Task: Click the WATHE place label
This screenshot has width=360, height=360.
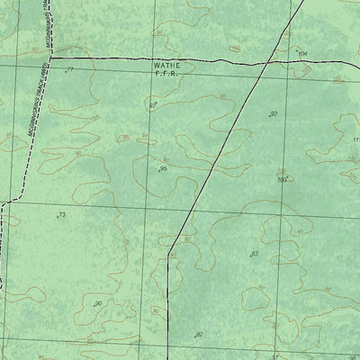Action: [x=166, y=66]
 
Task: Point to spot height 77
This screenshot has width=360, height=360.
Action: [x=69, y=69]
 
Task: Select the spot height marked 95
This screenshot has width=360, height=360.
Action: [x=163, y=168]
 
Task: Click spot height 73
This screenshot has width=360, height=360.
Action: [x=61, y=215]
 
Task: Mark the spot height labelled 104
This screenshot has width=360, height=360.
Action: [x=301, y=55]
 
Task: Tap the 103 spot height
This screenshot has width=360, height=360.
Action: [x=282, y=180]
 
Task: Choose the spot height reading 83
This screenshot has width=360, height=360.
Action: [x=255, y=254]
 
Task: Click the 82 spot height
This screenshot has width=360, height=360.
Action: [x=199, y=335]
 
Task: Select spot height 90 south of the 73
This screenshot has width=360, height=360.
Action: [x=98, y=304]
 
